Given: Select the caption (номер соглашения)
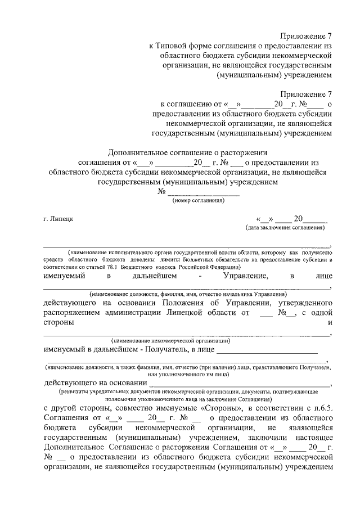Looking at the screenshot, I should pos(199,200).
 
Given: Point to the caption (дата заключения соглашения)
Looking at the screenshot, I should pos(285,228).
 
